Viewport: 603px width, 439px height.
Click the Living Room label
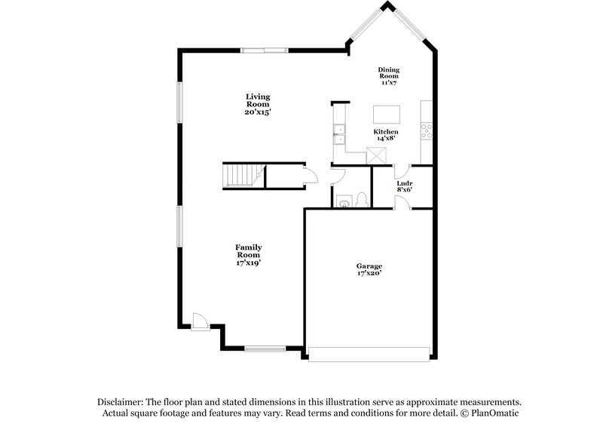(257, 100)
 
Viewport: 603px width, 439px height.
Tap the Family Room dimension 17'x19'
(249, 262)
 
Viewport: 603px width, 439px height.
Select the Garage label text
(369, 266)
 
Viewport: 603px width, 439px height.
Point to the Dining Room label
(389, 73)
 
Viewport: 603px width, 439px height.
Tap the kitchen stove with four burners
(427, 132)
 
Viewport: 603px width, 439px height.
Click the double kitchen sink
(340, 134)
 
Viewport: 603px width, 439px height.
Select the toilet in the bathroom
(363, 199)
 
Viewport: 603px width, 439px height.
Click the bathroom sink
(344, 201)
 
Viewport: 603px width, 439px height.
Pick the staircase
(241, 176)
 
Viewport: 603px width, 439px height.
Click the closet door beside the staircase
(310, 177)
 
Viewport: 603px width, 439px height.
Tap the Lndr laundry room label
(403, 183)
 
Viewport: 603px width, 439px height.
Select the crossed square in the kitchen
(376, 155)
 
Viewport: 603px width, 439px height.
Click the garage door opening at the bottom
(369, 352)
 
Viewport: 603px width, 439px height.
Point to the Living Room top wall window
(264, 51)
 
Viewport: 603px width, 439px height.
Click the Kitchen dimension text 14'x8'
(386, 139)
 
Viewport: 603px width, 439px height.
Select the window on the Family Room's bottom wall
(265, 348)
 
